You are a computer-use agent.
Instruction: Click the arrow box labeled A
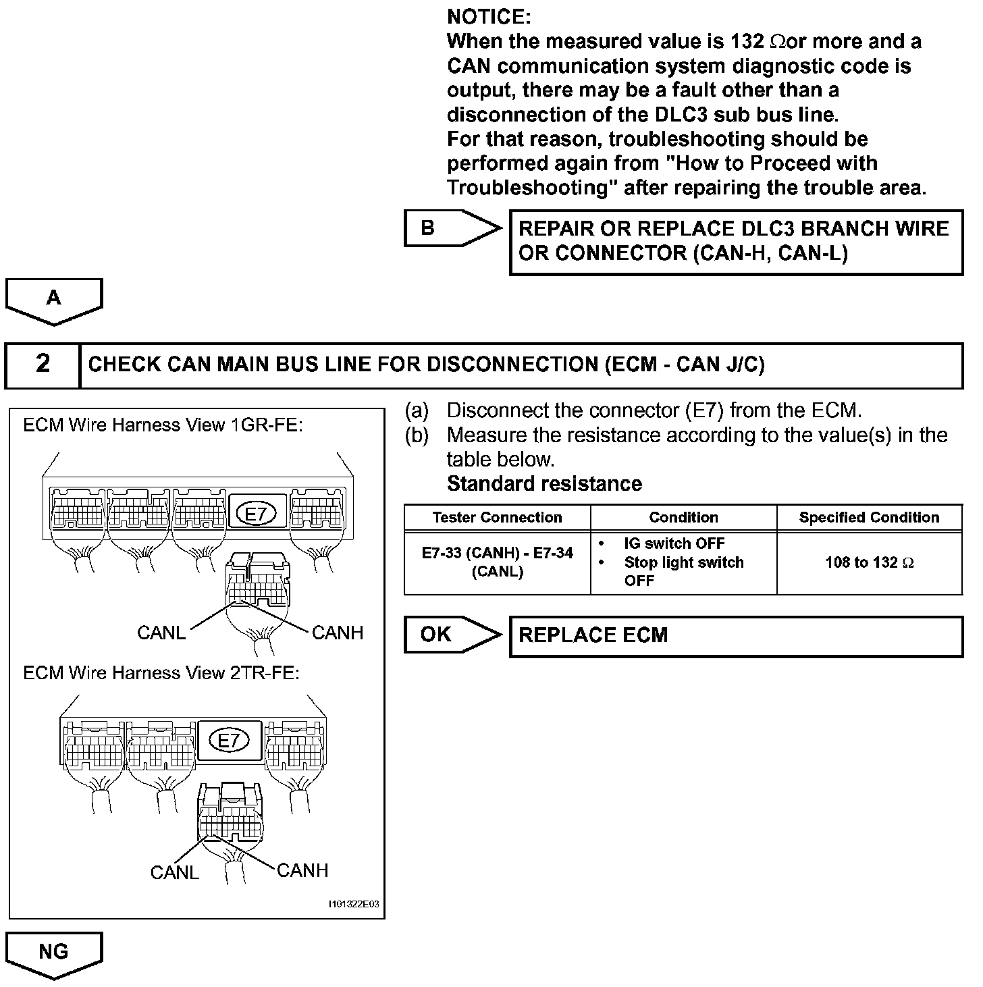coord(54,299)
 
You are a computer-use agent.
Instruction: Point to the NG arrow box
coord(54,952)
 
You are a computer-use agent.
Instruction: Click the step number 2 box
coord(43,365)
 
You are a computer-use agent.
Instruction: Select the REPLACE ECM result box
coord(736,636)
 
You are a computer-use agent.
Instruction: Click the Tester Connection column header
coord(498,518)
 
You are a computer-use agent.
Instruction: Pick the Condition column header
coord(683,518)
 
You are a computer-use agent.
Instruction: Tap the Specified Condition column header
coord(869,518)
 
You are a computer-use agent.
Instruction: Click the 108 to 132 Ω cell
coord(869,562)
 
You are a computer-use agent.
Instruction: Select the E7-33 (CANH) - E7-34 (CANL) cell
coord(498,562)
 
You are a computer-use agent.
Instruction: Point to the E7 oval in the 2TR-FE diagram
coord(230,741)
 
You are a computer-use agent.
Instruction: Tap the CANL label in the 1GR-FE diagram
coord(161,633)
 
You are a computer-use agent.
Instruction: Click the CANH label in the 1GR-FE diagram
coord(338,633)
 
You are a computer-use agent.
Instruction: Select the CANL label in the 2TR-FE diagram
coord(174,873)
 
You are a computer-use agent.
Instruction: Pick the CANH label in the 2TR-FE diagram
coord(302,871)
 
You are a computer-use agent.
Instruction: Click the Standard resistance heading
coord(544,484)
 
